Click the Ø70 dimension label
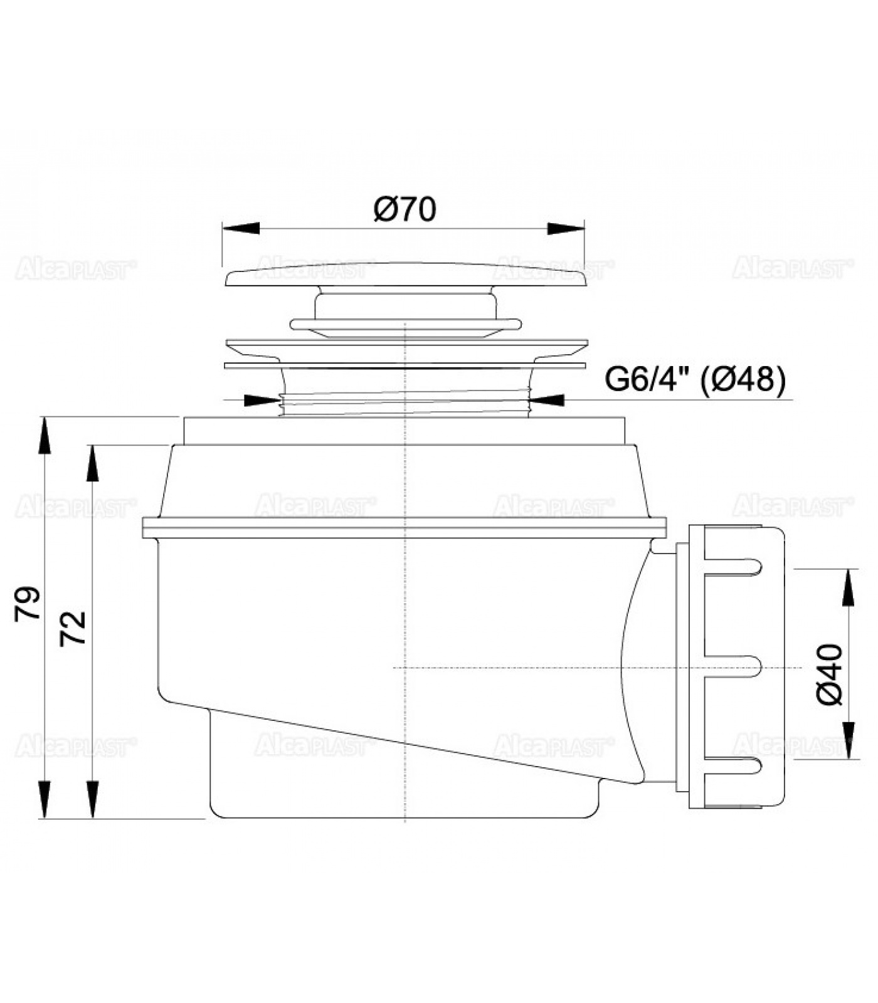(405, 209)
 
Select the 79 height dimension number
(28, 604)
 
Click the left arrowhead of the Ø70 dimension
(241, 229)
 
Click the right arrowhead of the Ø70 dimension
(566, 229)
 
